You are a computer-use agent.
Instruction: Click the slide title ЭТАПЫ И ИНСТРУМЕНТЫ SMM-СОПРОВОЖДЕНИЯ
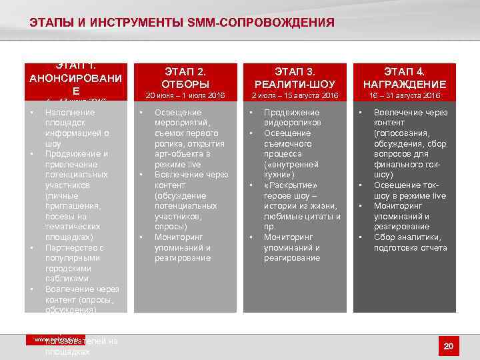[x=182, y=23]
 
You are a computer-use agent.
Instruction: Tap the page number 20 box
[x=448, y=345]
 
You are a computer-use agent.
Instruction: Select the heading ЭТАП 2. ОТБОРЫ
[x=185, y=78]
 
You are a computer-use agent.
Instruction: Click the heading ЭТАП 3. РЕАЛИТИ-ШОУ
[x=295, y=78]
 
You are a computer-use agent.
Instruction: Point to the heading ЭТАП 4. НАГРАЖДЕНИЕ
[x=404, y=78]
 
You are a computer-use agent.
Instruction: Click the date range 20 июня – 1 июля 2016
[x=185, y=96]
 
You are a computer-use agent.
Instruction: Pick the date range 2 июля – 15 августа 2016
[x=295, y=96]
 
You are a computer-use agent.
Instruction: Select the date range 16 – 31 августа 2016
[x=404, y=96]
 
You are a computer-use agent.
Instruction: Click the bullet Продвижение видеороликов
[x=292, y=118]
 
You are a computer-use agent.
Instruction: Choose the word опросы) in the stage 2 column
[x=170, y=227]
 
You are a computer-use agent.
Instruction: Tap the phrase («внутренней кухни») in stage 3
[x=288, y=169]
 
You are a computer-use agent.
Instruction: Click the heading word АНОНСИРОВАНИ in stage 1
[x=75, y=79]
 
